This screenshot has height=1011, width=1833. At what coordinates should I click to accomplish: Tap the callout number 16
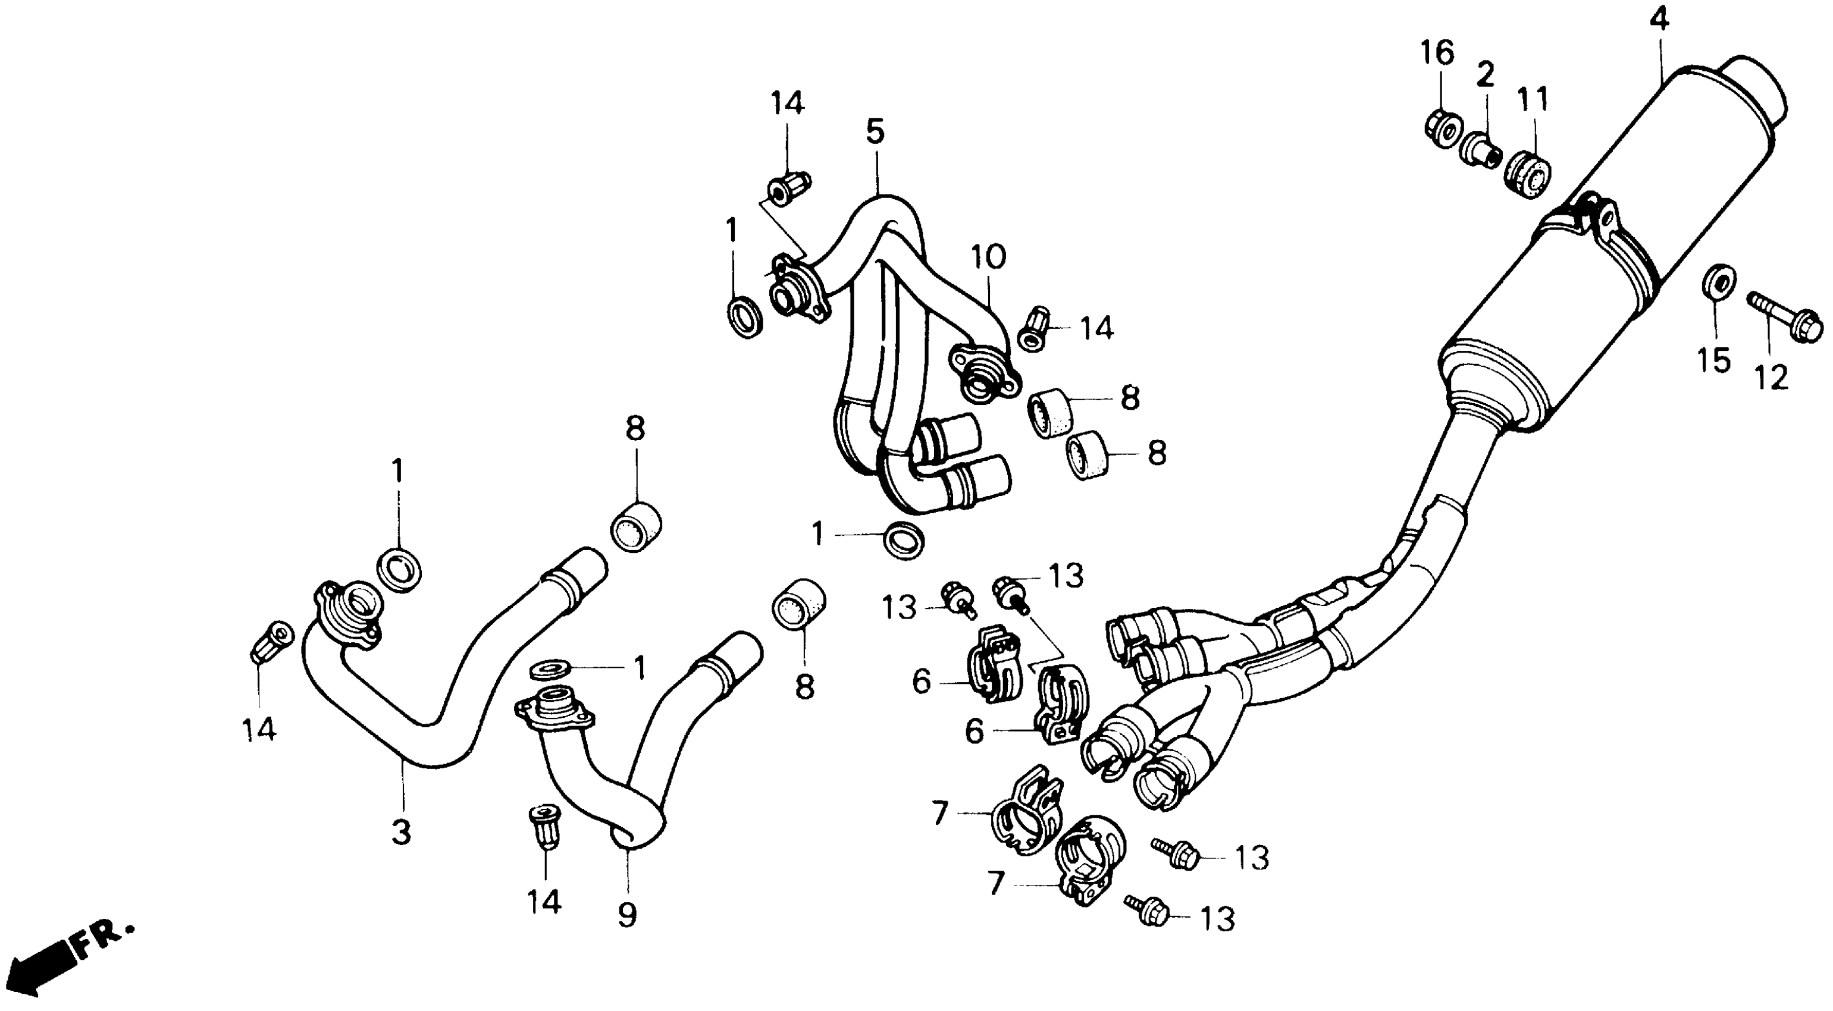pos(1437,54)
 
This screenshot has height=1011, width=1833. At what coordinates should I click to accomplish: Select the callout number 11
pos(1533,101)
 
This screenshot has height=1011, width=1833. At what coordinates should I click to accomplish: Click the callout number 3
pos(402,830)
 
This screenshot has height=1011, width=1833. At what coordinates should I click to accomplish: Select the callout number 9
pos(627,914)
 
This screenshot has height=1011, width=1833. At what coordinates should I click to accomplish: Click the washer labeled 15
pos(1717,285)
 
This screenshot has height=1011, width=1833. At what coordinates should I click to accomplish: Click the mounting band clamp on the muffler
pos(1594,235)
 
